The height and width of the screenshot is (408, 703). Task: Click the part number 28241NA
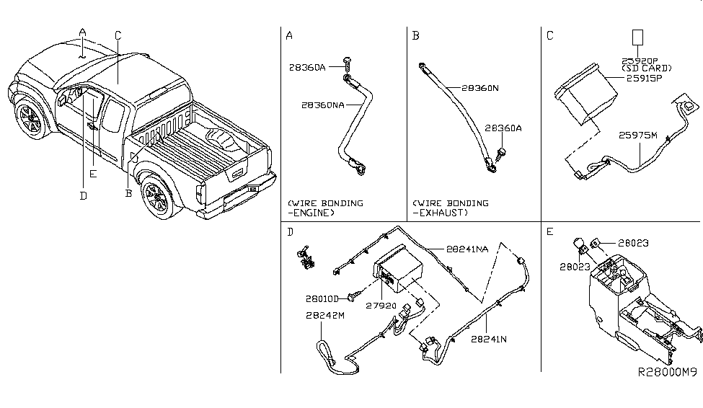point(467,249)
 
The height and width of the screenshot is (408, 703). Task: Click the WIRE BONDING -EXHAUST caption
point(450,208)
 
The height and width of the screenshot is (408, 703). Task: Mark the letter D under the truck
point(83,195)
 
